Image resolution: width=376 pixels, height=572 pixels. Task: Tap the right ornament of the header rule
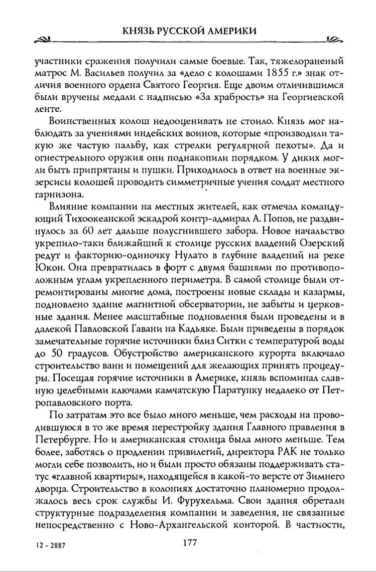(333, 40)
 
